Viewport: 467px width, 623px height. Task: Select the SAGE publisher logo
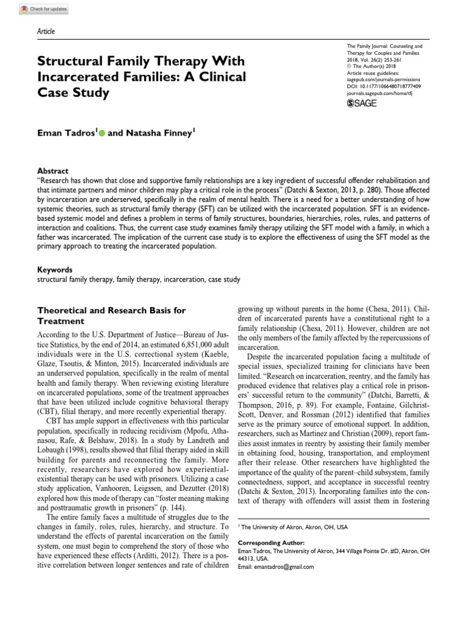(362, 104)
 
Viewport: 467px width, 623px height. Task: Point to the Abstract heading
(53, 172)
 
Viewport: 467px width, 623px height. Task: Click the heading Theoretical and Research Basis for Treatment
(112, 315)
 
